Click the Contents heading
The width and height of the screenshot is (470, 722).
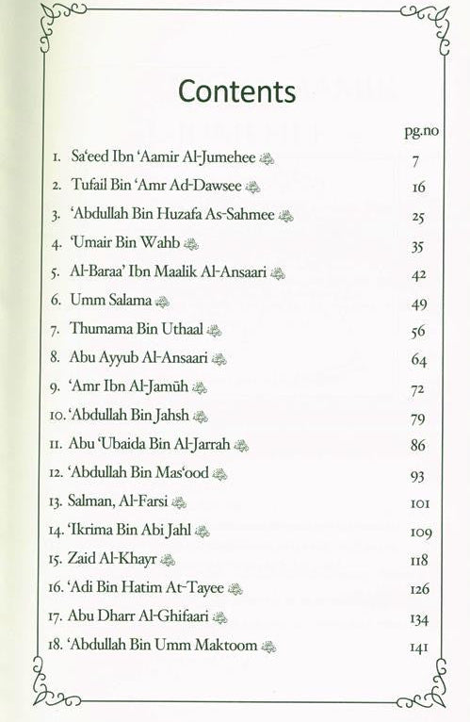[236, 91]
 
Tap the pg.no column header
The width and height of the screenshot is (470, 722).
[411, 131]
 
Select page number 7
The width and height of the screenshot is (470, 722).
[414, 161]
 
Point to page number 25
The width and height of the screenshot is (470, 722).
[418, 217]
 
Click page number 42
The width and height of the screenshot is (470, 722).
[419, 274]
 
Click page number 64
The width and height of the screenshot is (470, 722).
[419, 360]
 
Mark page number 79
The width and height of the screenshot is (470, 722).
[419, 417]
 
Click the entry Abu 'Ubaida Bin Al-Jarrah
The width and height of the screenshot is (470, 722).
[151, 444]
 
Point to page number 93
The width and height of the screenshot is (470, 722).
[419, 474]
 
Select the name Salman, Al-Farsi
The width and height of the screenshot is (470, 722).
[120, 501]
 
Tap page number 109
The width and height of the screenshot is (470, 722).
[420, 532]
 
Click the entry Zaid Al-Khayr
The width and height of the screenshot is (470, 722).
[115, 559]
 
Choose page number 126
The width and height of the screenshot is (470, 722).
[420, 589]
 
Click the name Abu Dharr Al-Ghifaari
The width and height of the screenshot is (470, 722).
[139, 616]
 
